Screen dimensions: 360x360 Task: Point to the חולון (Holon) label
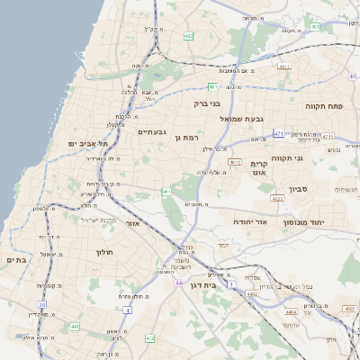(107, 252)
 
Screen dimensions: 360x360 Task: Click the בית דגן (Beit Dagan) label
(200, 284)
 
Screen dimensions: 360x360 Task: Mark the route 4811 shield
(284, 67)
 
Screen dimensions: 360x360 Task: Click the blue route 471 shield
(279, 133)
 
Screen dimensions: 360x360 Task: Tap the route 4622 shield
(277, 198)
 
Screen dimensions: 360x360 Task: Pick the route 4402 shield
(253, 294)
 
